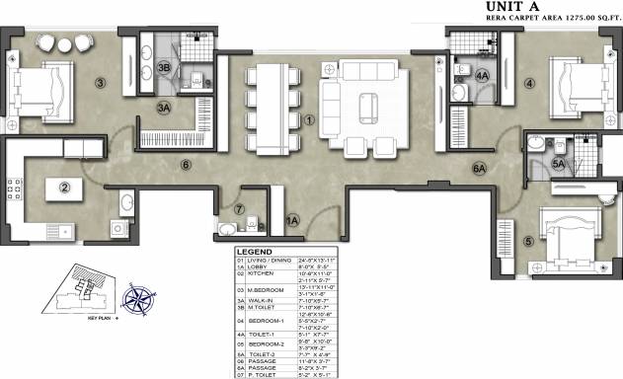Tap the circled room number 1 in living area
pos(309,121)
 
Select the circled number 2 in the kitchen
pos(63,187)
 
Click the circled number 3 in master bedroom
pos(100,83)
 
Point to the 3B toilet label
pos(164,67)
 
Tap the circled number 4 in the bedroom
pos(529,83)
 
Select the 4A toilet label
pos(482,75)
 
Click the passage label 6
pos(185,165)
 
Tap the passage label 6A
pos(480,169)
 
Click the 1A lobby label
pos(291,221)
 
